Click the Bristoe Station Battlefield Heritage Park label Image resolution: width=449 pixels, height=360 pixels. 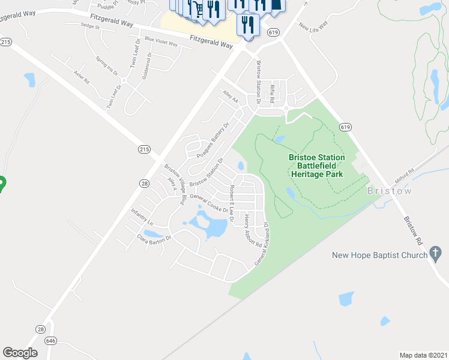click(x=316, y=166)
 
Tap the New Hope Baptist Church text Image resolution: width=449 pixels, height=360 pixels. click(x=379, y=256)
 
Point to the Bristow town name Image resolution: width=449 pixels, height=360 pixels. click(x=389, y=191)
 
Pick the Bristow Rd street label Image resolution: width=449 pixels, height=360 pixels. click(x=414, y=228)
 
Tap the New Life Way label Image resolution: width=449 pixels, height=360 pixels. click(x=313, y=27)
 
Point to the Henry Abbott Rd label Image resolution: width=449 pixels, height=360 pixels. click(x=250, y=232)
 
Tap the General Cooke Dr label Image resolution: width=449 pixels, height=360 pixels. click(x=209, y=203)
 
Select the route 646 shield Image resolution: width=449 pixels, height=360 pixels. click(x=50, y=340)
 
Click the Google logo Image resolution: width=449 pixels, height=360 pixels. click(x=20, y=353)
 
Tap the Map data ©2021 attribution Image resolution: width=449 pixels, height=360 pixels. click(x=423, y=355)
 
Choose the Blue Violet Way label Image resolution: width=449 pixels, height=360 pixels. click(x=161, y=42)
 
